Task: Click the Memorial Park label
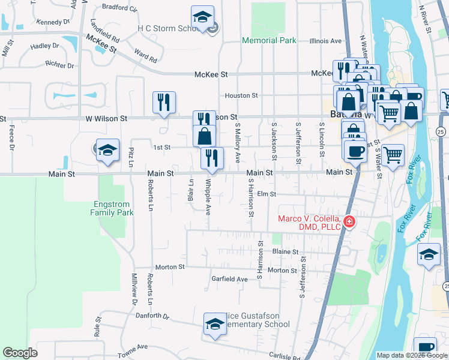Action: [269, 41]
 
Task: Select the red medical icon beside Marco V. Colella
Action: [349, 223]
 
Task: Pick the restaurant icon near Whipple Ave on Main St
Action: [212, 158]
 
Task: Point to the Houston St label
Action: [241, 95]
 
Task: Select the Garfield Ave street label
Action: [229, 279]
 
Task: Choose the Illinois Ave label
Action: [325, 41]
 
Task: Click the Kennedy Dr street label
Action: [53, 22]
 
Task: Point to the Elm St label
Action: [266, 194]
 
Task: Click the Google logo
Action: [20, 353]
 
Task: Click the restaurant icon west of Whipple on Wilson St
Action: [164, 102]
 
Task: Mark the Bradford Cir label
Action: [120, 8]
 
